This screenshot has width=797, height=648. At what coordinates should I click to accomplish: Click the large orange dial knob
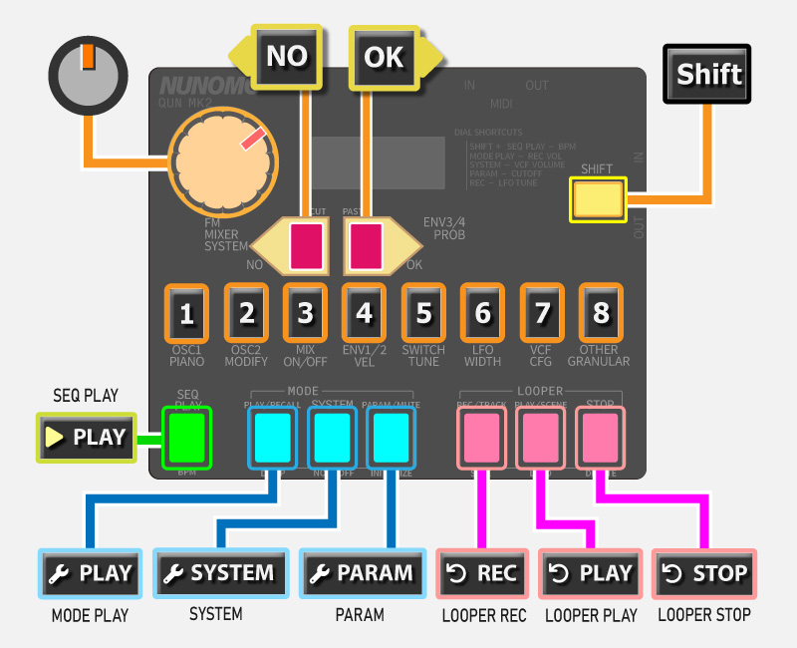223,160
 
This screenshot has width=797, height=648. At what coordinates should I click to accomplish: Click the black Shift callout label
708,73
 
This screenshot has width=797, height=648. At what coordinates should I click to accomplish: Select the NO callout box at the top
287,56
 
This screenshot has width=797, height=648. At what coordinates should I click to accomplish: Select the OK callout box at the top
384,56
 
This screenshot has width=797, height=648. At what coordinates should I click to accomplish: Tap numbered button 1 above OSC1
186,314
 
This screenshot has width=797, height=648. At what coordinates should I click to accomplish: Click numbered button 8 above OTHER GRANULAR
601,314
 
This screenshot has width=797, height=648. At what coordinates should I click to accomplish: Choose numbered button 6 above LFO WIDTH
482,314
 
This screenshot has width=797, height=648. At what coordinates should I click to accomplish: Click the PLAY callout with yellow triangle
87,437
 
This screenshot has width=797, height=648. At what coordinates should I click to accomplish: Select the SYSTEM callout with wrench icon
218,573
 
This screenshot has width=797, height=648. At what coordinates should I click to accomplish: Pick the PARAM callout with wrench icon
360,573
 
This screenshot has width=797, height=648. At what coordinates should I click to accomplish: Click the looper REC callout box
484,573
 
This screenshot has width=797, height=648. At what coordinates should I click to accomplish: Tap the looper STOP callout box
705,573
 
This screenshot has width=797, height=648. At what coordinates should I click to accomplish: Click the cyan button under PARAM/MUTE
389,437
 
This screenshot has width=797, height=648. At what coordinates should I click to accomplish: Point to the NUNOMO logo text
200,86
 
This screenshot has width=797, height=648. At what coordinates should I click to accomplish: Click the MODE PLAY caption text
90,616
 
